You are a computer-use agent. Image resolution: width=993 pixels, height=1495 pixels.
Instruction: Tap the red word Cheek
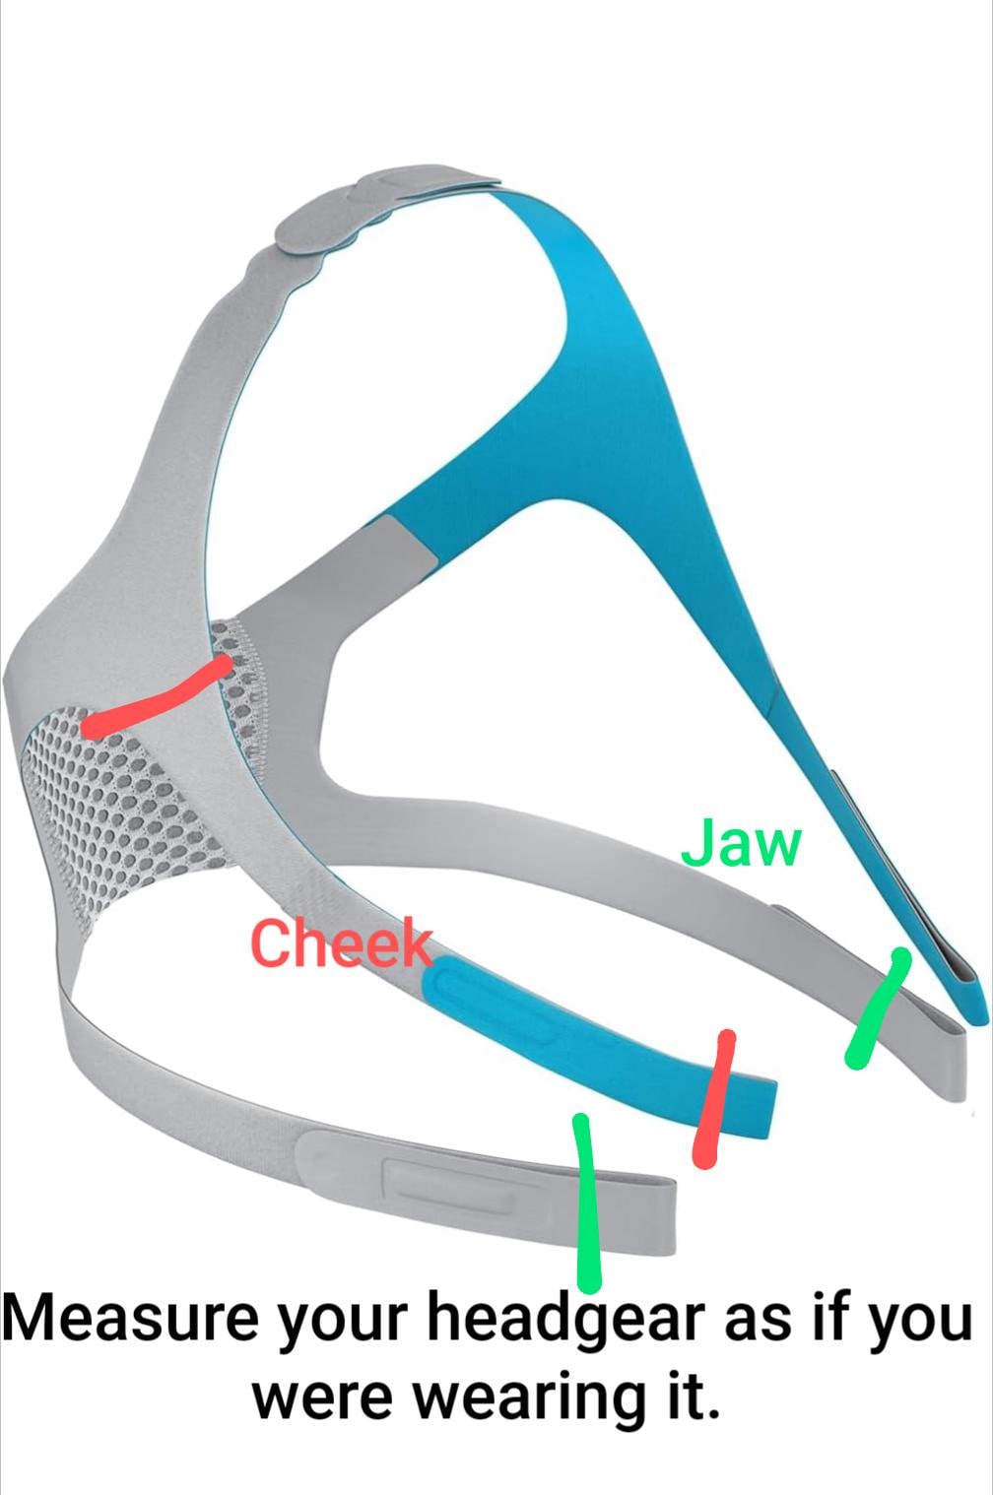[x=341, y=943]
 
